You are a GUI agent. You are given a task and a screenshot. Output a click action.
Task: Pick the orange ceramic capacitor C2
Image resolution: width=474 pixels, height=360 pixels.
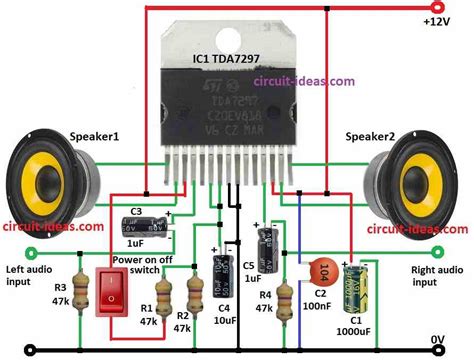point(320,271)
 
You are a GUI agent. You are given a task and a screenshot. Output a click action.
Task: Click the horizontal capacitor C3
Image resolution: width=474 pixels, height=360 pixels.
point(146,227)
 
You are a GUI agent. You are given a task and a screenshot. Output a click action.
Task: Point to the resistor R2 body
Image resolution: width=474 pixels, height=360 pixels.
point(193,295)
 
